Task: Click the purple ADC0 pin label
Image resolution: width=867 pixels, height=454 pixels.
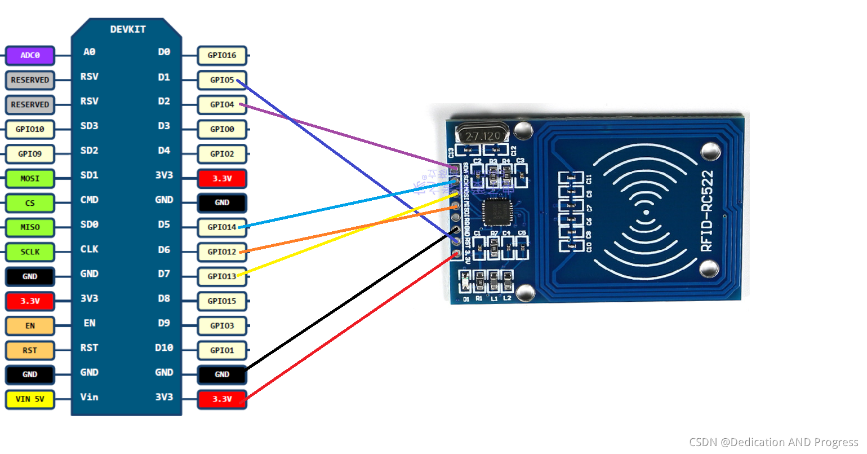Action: coord(30,55)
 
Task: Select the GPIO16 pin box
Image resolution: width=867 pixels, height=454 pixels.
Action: coord(222,55)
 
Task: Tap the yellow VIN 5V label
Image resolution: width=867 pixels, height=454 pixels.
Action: coord(30,399)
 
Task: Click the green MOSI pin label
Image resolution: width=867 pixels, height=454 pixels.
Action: coord(30,178)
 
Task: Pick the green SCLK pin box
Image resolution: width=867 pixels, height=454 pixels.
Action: coord(30,252)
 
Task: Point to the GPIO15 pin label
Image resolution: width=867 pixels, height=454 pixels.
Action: coord(222,301)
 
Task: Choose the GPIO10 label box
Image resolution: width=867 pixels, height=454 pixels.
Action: coord(30,129)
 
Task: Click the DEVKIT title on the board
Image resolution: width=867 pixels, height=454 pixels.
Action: coord(128,29)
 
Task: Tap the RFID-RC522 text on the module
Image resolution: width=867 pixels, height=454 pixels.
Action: coord(706,211)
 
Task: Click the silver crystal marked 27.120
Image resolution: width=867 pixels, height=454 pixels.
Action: coord(483,136)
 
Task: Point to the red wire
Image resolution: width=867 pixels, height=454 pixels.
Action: coord(349,328)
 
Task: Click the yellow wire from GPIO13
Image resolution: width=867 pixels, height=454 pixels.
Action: coord(349,235)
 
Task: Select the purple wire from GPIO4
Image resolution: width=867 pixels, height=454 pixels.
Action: coord(349,138)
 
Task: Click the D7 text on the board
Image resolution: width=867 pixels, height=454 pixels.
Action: coord(164,274)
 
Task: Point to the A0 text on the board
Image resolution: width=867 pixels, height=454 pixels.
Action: coord(89,52)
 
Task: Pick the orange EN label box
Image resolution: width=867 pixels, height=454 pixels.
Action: coord(30,326)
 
